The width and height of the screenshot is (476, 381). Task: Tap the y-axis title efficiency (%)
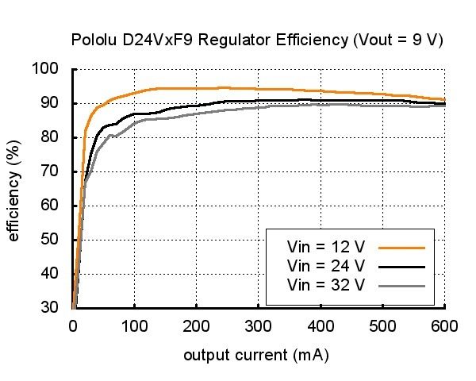[13, 189]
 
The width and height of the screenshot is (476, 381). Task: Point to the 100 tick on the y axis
[48, 69]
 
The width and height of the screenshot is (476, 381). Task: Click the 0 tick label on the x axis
[73, 325]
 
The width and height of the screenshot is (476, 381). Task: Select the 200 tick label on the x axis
[196, 325]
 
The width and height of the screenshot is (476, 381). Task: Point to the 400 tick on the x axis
[320, 325]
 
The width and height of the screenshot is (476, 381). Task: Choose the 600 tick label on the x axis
[443, 325]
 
